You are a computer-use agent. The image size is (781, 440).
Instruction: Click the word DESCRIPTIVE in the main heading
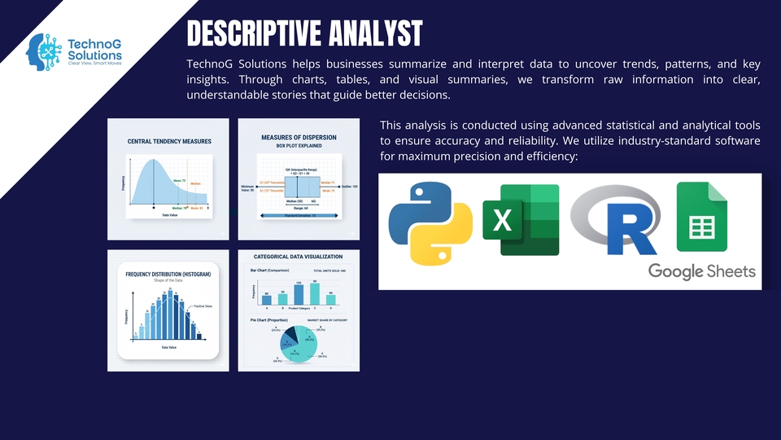(x=245, y=34)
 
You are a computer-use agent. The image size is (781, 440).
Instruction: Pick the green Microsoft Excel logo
(x=520, y=220)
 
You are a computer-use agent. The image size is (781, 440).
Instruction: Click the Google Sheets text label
(x=701, y=271)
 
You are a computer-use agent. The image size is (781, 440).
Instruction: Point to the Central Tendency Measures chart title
(x=169, y=142)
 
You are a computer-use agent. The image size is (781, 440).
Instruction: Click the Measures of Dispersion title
(x=299, y=138)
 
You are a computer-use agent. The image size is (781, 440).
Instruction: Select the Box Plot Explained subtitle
(x=299, y=147)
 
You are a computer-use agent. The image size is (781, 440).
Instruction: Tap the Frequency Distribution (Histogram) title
(x=168, y=275)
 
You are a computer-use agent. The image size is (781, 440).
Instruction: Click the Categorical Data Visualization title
(x=299, y=257)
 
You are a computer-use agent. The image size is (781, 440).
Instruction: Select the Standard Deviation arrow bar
(x=299, y=215)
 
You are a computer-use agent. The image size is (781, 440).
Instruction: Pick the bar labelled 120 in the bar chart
(x=298, y=294)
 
